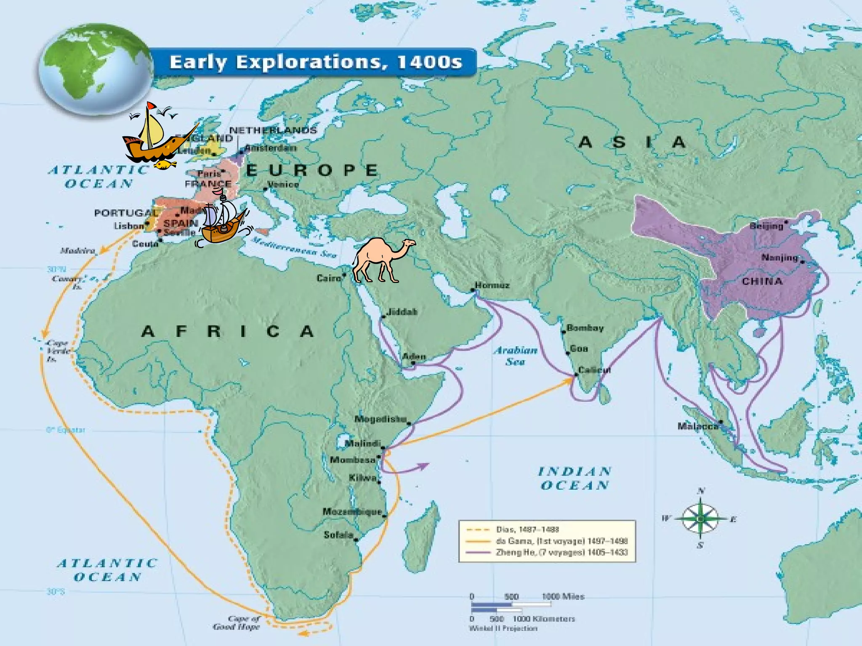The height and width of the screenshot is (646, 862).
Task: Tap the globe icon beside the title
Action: pyautogui.click(x=96, y=69)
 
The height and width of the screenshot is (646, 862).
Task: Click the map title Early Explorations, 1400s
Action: pyautogui.click(x=316, y=62)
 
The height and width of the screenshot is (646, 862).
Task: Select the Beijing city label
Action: pyautogui.click(x=766, y=226)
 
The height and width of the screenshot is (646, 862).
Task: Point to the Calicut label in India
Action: pyautogui.click(x=594, y=370)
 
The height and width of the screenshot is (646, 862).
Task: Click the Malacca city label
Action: pyautogui.click(x=697, y=426)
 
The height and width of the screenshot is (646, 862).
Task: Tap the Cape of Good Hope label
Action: pyautogui.click(x=237, y=622)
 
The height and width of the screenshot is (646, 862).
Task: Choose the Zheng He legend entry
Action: pyautogui.click(x=561, y=552)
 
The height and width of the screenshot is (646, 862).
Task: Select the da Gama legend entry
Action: pyautogui.click(x=561, y=541)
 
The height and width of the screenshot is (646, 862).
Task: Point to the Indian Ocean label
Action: pyautogui.click(x=575, y=479)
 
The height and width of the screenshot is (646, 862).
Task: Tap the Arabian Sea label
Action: pyautogui.click(x=515, y=356)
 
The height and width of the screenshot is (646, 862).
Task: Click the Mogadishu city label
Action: pyautogui.click(x=380, y=419)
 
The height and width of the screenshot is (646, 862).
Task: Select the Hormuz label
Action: pyautogui.click(x=492, y=285)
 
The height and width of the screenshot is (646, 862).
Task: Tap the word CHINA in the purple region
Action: pyautogui.click(x=762, y=281)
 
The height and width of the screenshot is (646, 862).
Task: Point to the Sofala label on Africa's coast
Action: pyautogui.click(x=338, y=535)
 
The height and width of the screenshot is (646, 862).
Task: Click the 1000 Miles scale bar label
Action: pyautogui.click(x=563, y=596)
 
